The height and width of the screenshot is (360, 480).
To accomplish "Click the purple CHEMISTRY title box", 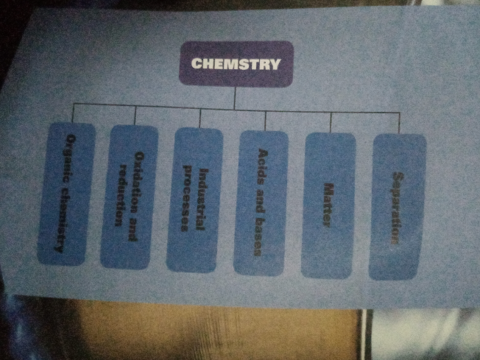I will coord(236,63).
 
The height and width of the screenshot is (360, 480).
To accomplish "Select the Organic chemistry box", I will coord(71,193).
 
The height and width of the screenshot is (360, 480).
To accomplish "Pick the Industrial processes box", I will coord(195,199).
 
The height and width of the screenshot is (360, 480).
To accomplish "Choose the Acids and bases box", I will coord(260,202).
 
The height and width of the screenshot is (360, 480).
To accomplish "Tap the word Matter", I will coord(329,205).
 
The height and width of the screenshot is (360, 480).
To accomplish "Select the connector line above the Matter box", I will coord(331,122).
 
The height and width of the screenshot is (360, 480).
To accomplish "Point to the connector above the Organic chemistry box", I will coord(74,114).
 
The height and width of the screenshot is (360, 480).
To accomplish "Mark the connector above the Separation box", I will coord(400,124).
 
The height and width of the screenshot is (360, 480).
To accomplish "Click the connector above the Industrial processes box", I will coord(200,118).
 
